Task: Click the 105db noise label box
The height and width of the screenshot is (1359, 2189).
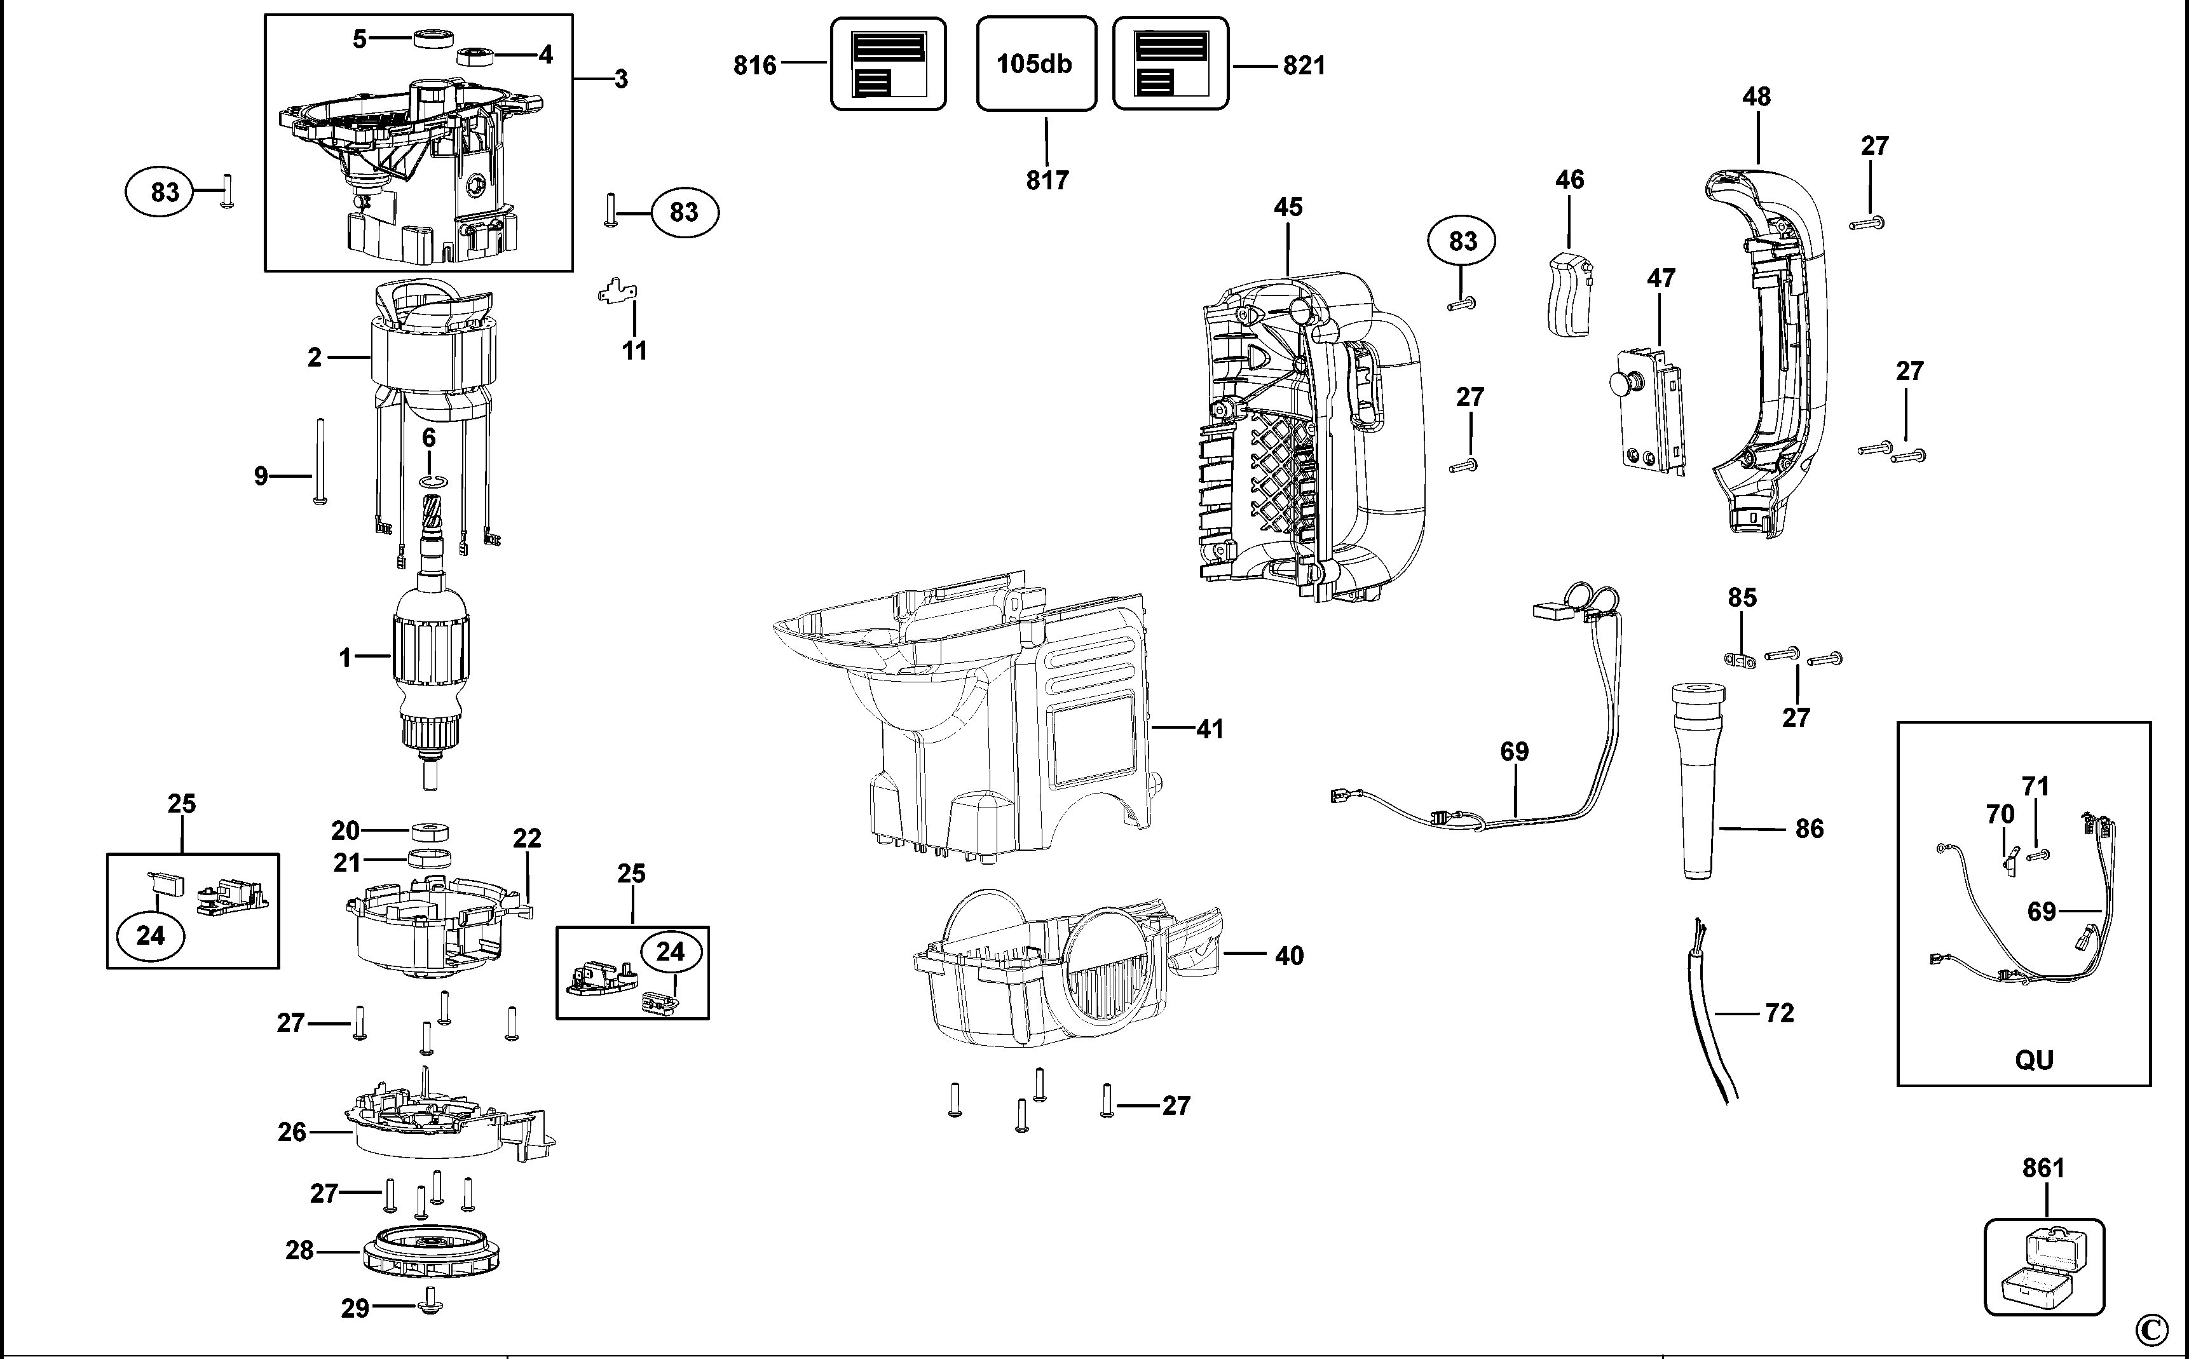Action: (x=1035, y=64)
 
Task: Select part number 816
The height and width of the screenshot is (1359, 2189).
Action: (x=754, y=65)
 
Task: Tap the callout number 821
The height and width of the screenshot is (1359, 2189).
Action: (x=1304, y=65)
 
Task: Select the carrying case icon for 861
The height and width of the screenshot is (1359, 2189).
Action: (x=2044, y=1268)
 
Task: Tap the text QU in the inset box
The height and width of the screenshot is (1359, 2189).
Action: (x=2033, y=1060)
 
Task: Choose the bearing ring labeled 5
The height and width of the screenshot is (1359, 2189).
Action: (x=435, y=39)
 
